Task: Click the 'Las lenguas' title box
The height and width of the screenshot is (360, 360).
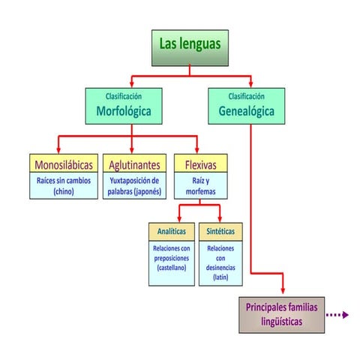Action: (190, 48)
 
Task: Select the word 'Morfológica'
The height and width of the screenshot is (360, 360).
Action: (124, 111)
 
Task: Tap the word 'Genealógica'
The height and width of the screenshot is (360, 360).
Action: (246, 111)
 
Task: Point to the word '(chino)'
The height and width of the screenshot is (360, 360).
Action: (64, 192)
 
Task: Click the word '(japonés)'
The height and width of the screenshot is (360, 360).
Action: (148, 192)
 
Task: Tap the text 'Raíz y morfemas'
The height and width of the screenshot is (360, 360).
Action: (200, 186)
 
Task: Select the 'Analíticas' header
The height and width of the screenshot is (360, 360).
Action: (172, 232)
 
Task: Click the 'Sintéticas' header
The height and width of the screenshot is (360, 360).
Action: (220, 232)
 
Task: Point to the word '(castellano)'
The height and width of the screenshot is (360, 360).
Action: (172, 268)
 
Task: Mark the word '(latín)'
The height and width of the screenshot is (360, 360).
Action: (220, 277)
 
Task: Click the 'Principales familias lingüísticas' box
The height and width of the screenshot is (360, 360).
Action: (281, 315)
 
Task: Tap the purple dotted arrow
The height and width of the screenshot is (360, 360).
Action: (337, 315)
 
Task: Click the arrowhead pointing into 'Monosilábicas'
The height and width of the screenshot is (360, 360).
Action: (58, 150)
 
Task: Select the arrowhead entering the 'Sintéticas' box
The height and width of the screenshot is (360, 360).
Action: (220, 219)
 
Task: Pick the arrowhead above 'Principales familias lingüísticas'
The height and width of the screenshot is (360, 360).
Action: (283, 290)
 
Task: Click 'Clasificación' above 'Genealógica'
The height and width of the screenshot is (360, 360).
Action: (246, 96)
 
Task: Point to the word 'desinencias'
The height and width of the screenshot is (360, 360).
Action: (220, 268)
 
